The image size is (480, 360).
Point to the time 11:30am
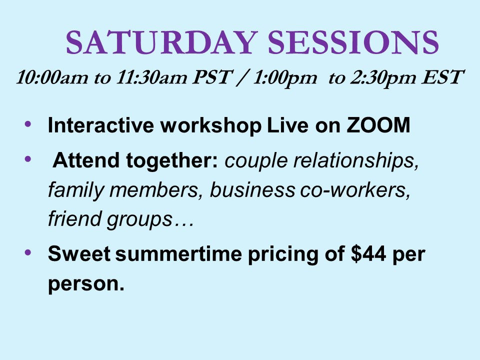151,77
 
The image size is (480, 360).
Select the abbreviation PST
212,77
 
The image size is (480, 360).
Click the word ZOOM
378,125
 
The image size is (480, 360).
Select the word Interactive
100,125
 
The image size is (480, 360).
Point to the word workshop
211,125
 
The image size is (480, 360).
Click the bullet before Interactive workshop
28,124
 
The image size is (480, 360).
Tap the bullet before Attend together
28,159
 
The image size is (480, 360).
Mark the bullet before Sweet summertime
28,252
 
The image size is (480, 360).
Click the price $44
368,253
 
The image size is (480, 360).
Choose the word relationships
356,160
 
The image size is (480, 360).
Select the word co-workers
355,190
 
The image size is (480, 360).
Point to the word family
76,190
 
